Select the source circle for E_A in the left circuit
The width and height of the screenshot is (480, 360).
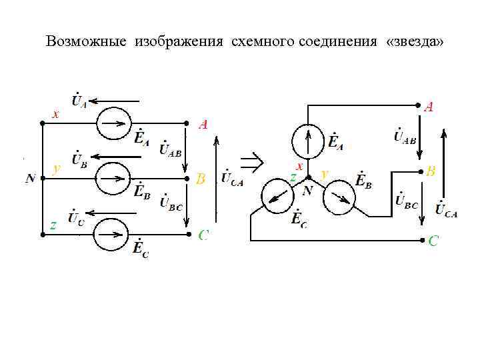[x=111, y=123]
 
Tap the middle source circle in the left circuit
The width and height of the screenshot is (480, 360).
[x=111, y=178]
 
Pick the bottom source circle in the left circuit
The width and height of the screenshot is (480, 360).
[x=109, y=234]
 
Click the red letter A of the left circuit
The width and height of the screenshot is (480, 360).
[x=203, y=124]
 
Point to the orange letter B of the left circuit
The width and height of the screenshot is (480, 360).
[x=201, y=179]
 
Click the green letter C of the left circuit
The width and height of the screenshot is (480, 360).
[x=204, y=235]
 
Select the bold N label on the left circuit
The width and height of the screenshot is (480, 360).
[x=31, y=179]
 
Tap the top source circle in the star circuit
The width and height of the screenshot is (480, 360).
[x=307, y=141]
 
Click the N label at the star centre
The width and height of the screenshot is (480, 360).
[x=307, y=191]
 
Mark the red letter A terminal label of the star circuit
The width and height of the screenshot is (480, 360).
[x=429, y=106]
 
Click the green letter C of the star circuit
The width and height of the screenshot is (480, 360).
[x=433, y=241]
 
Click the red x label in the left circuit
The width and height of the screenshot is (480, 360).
[x=55, y=115]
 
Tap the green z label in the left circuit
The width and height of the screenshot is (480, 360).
[x=53, y=225]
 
